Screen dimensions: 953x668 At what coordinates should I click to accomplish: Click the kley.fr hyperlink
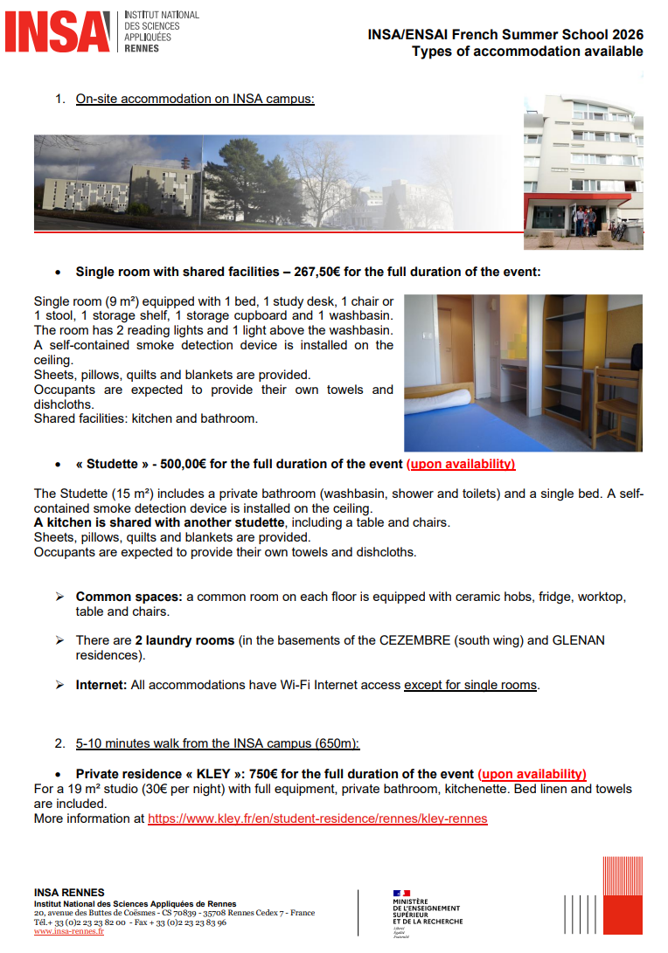(x=317, y=818)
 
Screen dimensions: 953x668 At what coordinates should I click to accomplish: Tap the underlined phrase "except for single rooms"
(x=470, y=685)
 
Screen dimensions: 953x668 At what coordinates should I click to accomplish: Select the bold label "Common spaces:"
(x=129, y=597)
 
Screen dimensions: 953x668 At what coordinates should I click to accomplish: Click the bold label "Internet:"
(x=101, y=685)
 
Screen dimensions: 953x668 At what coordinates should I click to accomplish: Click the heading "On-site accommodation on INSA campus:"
(x=195, y=99)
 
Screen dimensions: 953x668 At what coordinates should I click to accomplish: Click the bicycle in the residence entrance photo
(x=619, y=229)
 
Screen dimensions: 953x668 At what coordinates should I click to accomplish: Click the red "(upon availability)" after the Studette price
(x=461, y=464)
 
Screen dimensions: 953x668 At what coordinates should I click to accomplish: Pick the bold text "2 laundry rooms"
(x=184, y=640)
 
